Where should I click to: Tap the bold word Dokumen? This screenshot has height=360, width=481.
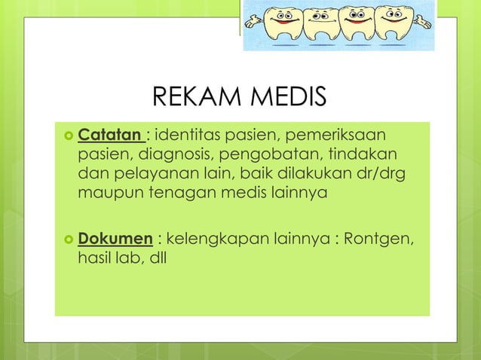tap(116, 239)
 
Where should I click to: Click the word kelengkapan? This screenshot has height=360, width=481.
tap(219, 239)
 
